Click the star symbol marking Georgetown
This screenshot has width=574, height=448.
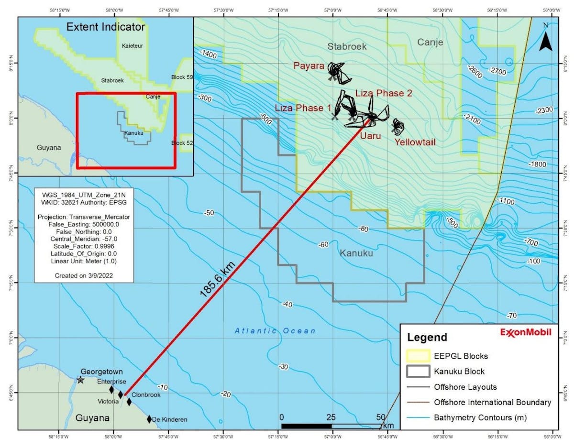(80, 380)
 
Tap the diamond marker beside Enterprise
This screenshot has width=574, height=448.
(111, 390)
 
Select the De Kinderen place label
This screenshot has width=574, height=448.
(169, 420)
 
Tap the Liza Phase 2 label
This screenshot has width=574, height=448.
(384, 93)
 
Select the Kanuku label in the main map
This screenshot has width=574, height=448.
(355, 253)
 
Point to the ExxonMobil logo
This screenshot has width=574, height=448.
(526, 332)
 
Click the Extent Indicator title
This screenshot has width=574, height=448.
(105, 27)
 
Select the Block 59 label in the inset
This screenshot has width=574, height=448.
(182, 77)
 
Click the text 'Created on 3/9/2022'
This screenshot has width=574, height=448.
(84, 276)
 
